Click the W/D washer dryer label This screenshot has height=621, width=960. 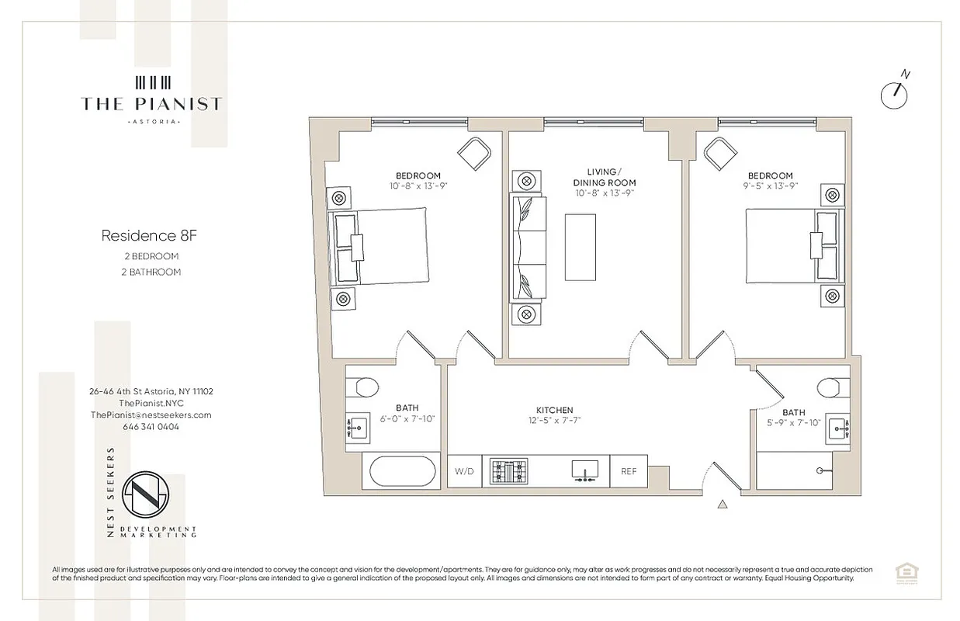coord(464,471)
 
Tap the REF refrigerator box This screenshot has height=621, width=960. coord(629,471)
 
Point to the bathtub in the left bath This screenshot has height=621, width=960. coord(402,471)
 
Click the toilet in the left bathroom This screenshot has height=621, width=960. coord(365,385)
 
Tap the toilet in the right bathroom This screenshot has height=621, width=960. coord(832,385)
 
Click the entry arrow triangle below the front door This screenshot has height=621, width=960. coord(723,505)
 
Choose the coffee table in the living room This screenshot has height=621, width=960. coord(581,248)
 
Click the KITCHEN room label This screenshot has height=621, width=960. coord(554,410)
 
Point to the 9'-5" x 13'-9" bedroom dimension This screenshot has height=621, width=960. coord(770,186)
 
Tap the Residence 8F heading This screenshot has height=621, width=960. coord(140,235)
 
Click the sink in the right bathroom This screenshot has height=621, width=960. coord(837,426)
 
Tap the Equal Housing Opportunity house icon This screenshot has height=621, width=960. coord(903,572)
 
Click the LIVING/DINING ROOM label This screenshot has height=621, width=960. coord(605,177)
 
